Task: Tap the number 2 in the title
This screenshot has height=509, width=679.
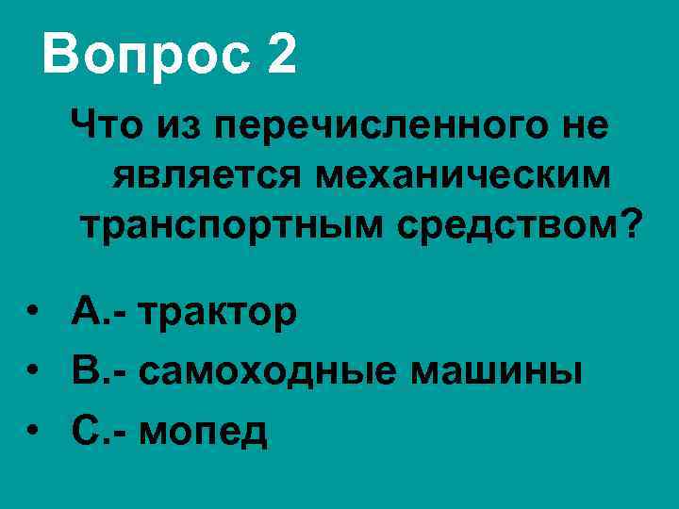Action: point(281,54)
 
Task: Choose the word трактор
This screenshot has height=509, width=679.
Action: point(218,313)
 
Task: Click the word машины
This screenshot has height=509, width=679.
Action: point(495,372)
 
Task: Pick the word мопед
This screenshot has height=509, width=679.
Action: point(203,432)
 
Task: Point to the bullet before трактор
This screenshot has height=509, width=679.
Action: point(34,313)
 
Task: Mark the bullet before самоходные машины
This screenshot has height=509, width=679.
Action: point(34,372)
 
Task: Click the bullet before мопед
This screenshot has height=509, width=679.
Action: point(34,432)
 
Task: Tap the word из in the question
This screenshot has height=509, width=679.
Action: point(180,125)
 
